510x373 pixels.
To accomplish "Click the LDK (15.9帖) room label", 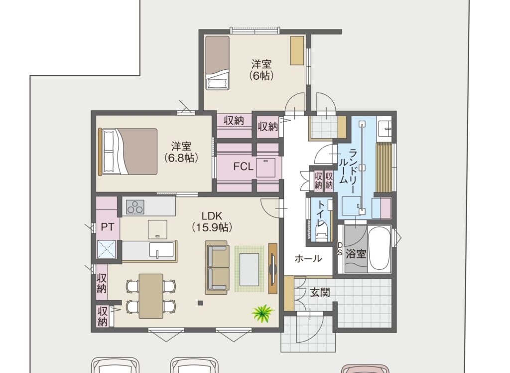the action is click(212, 221).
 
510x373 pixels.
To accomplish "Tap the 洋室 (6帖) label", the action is click(261, 69).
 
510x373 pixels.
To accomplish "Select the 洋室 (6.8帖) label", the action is click(181, 152).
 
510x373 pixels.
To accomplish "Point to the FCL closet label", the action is click(243, 167).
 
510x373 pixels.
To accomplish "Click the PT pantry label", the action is click(108, 227).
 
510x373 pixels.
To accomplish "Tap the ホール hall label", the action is click(308, 259).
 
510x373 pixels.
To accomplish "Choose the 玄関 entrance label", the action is click(320, 293).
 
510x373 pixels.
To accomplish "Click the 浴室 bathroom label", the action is click(356, 254).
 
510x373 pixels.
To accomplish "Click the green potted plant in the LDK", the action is click(263, 314).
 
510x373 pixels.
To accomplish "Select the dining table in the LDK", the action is click(151, 296).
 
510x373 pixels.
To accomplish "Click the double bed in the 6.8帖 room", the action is click(128, 152).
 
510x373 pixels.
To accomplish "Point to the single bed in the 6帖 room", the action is click(217, 62).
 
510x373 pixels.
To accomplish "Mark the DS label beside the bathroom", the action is click(340, 248).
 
